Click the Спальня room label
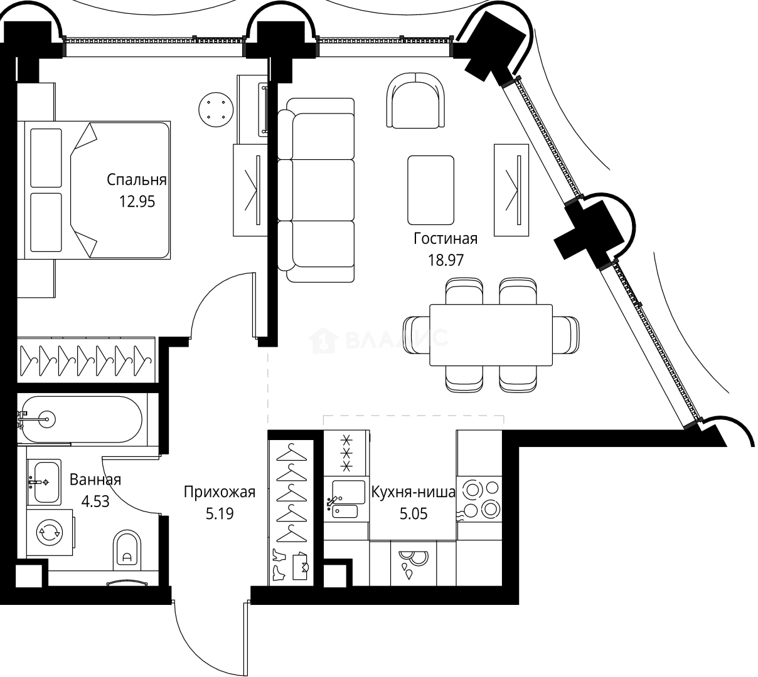tap(136, 180)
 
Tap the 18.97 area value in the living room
tap(446, 260)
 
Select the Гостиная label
tap(446, 239)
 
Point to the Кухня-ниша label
tap(413, 492)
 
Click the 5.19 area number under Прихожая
tap(220, 513)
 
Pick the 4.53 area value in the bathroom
tap(96, 501)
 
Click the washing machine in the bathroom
tap(49, 532)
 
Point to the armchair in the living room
tap(418, 100)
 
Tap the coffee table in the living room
tap(430, 190)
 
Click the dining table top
tap(491, 335)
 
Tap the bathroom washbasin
tap(45, 481)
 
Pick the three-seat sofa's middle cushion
tap(323, 190)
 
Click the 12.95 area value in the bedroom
tap(136, 201)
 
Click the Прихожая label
tap(220, 492)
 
